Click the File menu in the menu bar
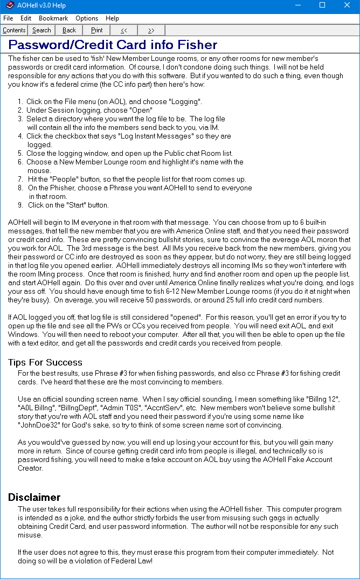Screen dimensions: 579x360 coord(8,18)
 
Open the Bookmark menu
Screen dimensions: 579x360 coord(53,18)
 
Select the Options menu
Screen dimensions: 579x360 coord(87,18)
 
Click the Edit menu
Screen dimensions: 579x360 coord(26,18)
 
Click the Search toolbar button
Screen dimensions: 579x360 coord(41,30)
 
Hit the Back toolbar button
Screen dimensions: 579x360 coord(69,30)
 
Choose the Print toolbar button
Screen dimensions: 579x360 coord(96,30)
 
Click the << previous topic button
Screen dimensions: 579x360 coord(124,30)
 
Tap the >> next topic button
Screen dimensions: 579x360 coord(151,30)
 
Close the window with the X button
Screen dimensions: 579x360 coord(347,5)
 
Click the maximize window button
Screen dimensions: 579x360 coord(322,5)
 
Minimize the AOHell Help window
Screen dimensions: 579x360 coord(297,5)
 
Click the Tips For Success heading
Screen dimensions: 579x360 coord(45,362)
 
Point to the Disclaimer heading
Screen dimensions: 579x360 coord(34,497)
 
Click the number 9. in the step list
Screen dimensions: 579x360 coord(20,205)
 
